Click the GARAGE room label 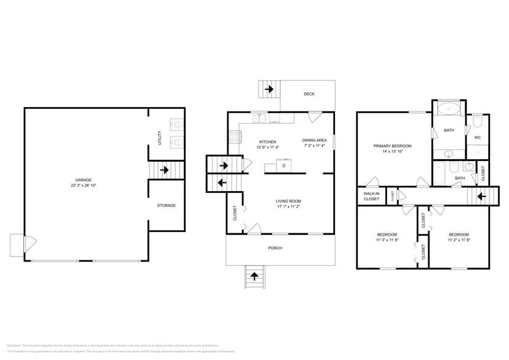click(83, 179)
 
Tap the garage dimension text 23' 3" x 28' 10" click(83, 185)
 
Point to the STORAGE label click(166, 205)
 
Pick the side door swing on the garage click(26, 244)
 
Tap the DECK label click(309, 94)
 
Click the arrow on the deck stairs click(268, 90)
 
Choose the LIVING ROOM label click(288, 201)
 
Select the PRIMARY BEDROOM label click(393, 146)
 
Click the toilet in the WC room click(478, 122)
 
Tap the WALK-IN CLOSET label click(372, 196)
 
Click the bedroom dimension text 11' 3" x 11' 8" click(386, 240)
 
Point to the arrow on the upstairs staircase click(481, 197)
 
